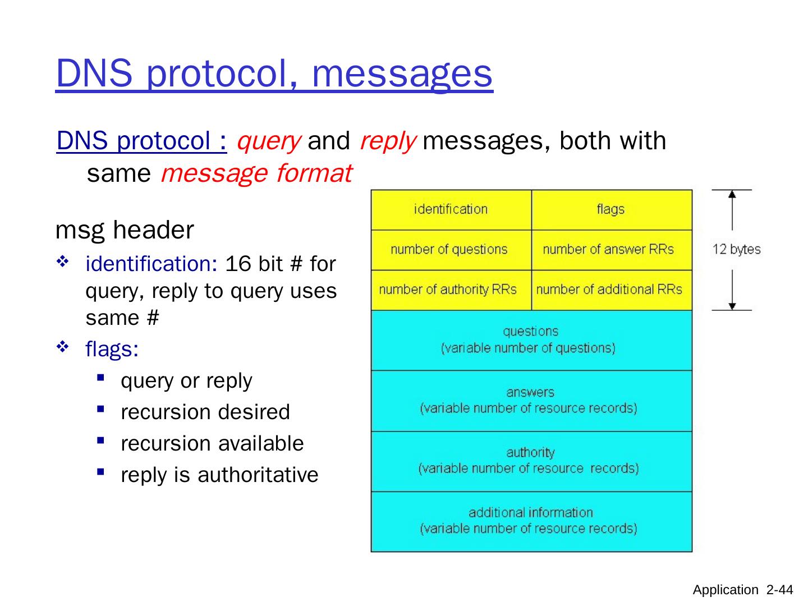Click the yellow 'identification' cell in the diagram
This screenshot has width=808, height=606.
[451, 210]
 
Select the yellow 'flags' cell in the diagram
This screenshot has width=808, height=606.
[611, 210]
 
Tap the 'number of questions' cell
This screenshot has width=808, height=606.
[449, 250]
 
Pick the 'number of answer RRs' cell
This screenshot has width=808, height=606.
[608, 250]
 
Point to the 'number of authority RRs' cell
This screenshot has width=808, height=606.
[448, 290]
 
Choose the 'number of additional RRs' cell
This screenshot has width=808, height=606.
[609, 290]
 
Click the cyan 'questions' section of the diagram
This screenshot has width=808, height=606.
[531, 340]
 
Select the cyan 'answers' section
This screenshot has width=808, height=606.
[531, 401]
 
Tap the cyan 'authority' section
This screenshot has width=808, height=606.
[531, 461]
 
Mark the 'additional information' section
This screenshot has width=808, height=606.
[531, 521]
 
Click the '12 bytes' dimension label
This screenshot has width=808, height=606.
[736, 250]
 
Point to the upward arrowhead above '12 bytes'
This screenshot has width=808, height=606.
[732, 195]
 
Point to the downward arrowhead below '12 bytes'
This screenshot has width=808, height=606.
[732, 305]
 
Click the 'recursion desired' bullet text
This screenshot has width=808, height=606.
[205, 412]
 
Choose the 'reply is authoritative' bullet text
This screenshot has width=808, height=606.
[219, 475]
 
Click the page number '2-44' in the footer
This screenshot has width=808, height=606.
[780, 590]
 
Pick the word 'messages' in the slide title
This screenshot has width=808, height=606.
[402, 74]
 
